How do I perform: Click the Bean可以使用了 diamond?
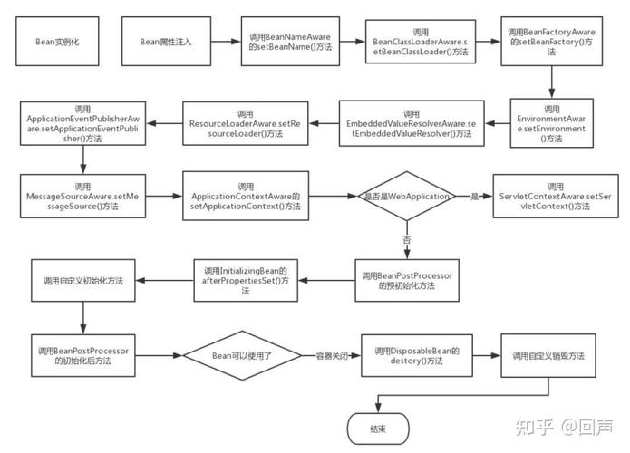click(241, 354)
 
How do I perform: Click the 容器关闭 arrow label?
click(330, 354)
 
